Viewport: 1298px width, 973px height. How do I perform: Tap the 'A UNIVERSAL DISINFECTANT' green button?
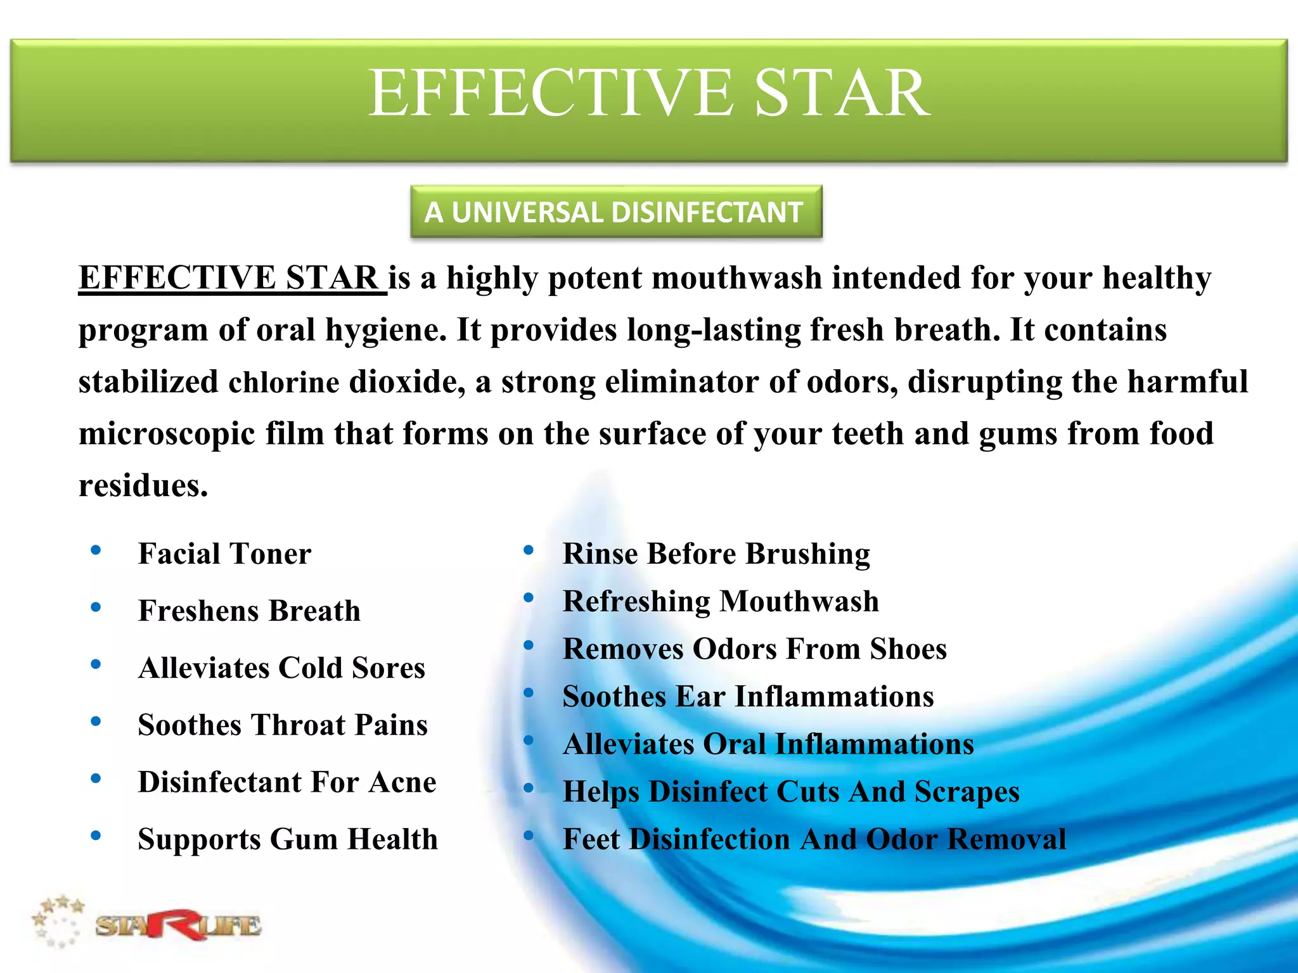[x=615, y=212]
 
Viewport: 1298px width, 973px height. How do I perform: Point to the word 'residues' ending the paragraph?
[x=142, y=486]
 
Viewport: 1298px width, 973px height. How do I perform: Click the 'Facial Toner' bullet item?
[x=224, y=554]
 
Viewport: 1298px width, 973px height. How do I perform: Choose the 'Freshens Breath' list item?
[x=249, y=611]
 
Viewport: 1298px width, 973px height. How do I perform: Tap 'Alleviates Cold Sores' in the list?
[x=281, y=668]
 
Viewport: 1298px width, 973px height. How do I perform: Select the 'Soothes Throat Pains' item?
[x=283, y=725]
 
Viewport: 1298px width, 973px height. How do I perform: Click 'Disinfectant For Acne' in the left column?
[x=287, y=782]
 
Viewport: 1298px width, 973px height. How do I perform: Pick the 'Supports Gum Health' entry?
[x=288, y=839]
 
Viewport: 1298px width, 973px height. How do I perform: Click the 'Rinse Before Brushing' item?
[x=716, y=554]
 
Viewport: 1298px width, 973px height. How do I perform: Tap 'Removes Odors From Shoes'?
[x=754, y=649]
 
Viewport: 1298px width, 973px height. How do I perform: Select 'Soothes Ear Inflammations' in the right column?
[x=748, y=696]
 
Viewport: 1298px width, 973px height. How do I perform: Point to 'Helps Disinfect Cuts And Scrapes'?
[x=791, y=791]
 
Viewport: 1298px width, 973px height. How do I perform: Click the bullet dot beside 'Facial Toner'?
[x=96, y=550]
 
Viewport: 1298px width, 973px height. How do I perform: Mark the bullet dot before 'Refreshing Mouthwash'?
[x=529, y=597]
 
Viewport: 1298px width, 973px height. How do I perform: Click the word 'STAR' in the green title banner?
[x=842, y=93]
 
